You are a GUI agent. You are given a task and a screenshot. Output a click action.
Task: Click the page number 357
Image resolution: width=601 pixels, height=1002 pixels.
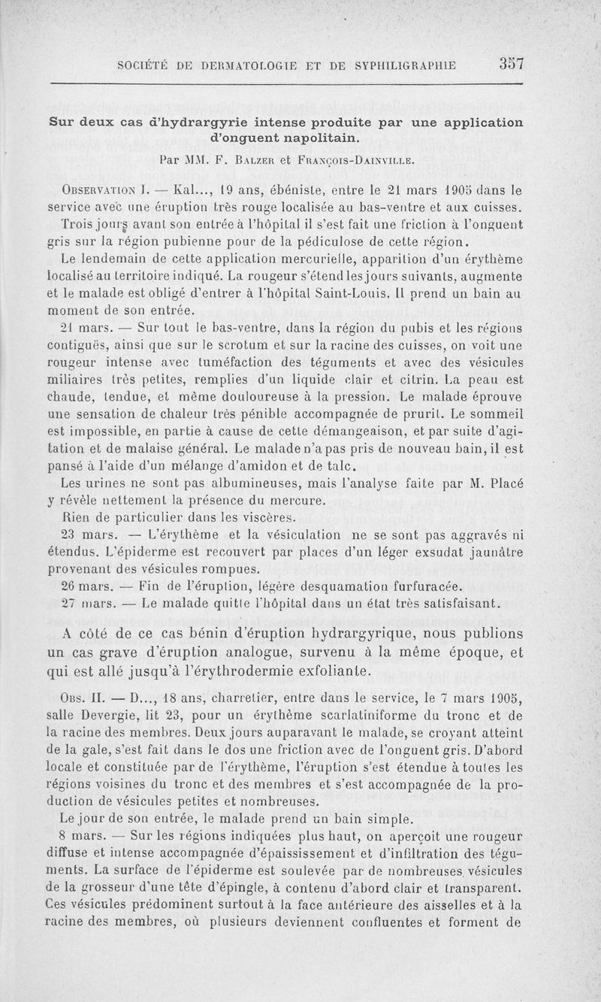[x=510, y=64]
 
